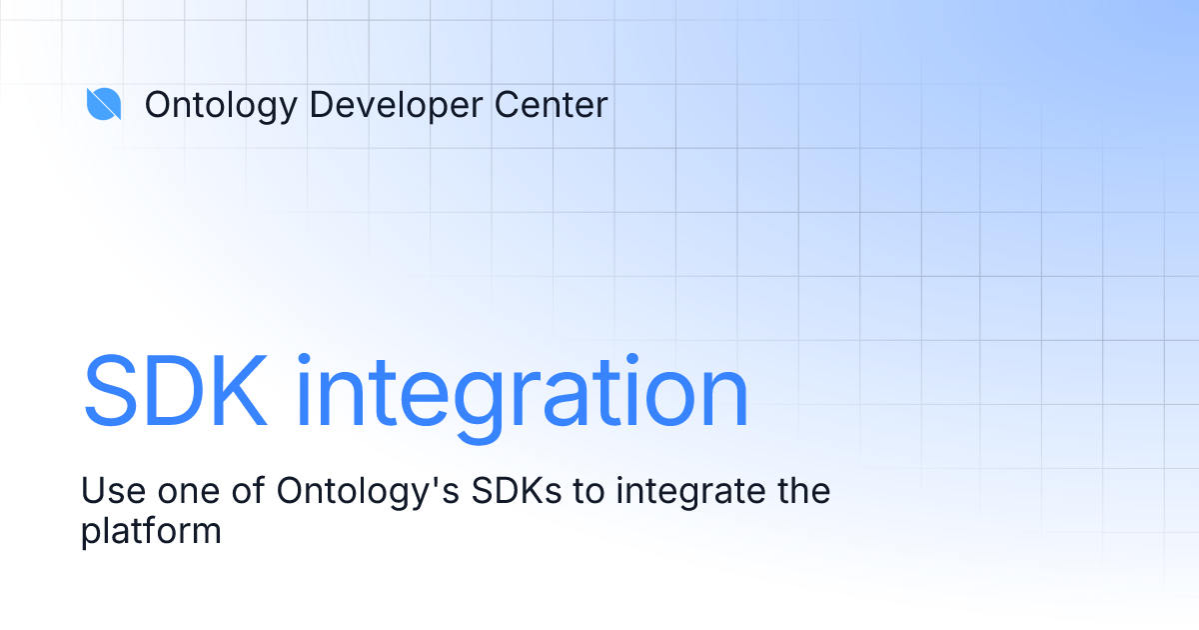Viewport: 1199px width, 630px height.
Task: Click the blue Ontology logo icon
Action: (x=104, y=104)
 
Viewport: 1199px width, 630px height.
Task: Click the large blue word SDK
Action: (x=175, y=391)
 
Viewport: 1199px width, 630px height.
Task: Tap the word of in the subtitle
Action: (x=241, y=492)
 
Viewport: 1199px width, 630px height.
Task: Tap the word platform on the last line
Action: (x=151, y=531)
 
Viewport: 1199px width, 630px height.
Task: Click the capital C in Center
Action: (x=496, y=104)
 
